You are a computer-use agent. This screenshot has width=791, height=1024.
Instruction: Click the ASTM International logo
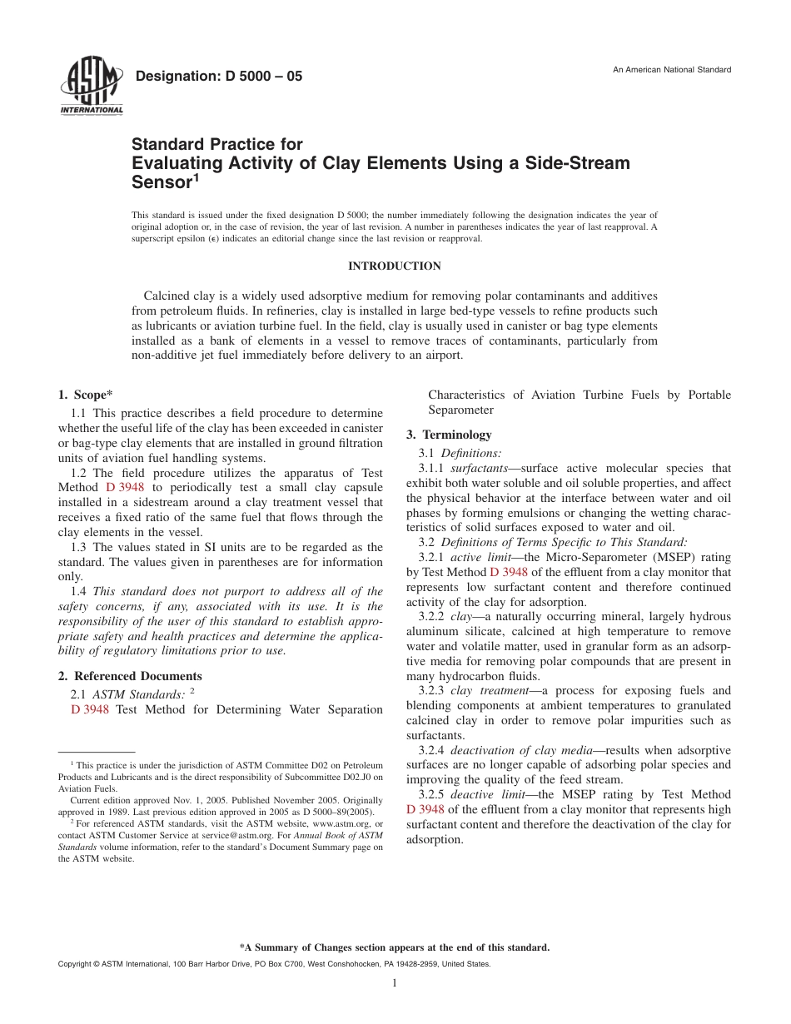point(91,87)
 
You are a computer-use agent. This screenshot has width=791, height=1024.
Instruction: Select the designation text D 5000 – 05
point(218,77)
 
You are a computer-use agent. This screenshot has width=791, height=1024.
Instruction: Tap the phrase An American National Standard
point(672,70)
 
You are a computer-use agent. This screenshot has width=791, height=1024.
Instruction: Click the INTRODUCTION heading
point(394,266)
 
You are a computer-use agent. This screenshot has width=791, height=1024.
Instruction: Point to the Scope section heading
point(85,395)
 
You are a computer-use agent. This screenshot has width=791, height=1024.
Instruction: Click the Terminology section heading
point(449,435)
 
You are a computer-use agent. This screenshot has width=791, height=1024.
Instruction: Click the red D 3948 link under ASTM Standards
point(90,709)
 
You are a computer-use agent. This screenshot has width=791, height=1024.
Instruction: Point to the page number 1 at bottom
point(395,983)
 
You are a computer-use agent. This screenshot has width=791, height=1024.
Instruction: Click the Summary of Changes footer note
point(395,947)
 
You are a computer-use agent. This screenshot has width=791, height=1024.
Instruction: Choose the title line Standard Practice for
point(217,144)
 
